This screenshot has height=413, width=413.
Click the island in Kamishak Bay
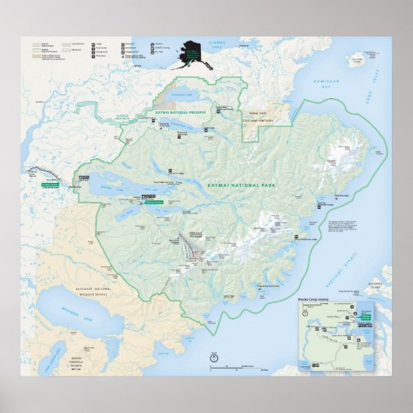pos(358,58)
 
